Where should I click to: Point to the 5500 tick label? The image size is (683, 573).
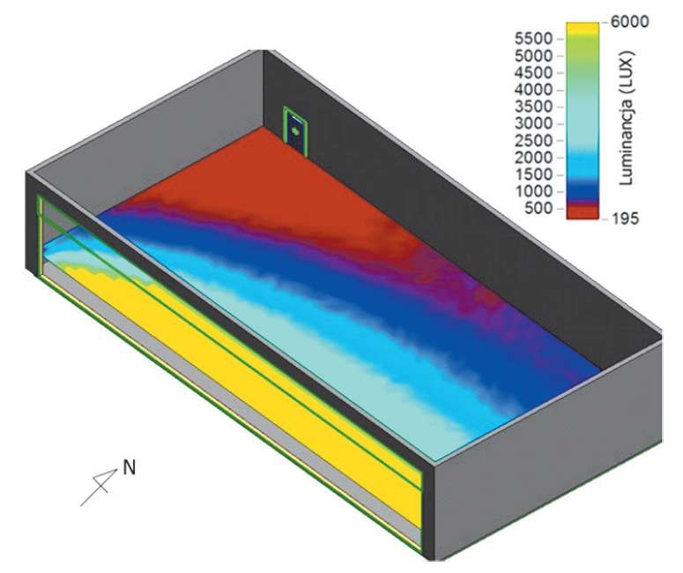pyautogui.click(x=533, y=39)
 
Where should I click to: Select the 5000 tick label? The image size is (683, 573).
pyautogui.click(x=533, y=56)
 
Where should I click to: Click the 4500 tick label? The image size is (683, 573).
pyautogui.click(x=533, y=73)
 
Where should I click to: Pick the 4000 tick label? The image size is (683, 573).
pyautogui.click(x=533, y=90)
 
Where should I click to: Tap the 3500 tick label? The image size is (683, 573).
pyautogui.click(x=533, y=107)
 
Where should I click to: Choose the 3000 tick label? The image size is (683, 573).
pyautogui.click(x=533, y=123)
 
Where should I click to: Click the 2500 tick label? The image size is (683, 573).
pyautogui.click(x=533, y=141)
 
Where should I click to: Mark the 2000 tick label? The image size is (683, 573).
pyautogui.click(x=533, y=158)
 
